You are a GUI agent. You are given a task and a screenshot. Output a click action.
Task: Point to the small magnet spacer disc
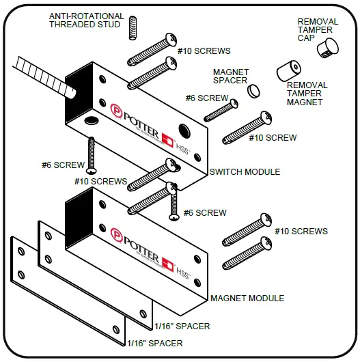pyautogui.click(x=253, y=89)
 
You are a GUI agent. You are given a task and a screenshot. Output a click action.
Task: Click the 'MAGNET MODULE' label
pyautogui.click(x=247, y=298)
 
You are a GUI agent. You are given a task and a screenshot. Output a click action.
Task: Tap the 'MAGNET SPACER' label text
pyautogui.click(x=231, y=76)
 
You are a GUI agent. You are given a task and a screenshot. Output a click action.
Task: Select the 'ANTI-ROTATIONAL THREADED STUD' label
pyautogui.click(x=86, y=20)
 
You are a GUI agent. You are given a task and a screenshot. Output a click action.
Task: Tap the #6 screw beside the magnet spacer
pyautogui.click(x=221, y=109)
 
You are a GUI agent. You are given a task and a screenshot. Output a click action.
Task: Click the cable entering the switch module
pyautogui.click(x=41, y=76)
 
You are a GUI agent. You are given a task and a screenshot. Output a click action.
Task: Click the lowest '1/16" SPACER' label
pyautogui.click(x=155, y=343)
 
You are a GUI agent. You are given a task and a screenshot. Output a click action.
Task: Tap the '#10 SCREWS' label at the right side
pyautogui.click(x=301, y=232)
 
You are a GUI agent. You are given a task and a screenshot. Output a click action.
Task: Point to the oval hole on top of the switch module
pyautogui.click(x=91, y=121)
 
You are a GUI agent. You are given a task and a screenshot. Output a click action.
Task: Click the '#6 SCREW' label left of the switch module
pyautogui.click(x=63, y=165)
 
